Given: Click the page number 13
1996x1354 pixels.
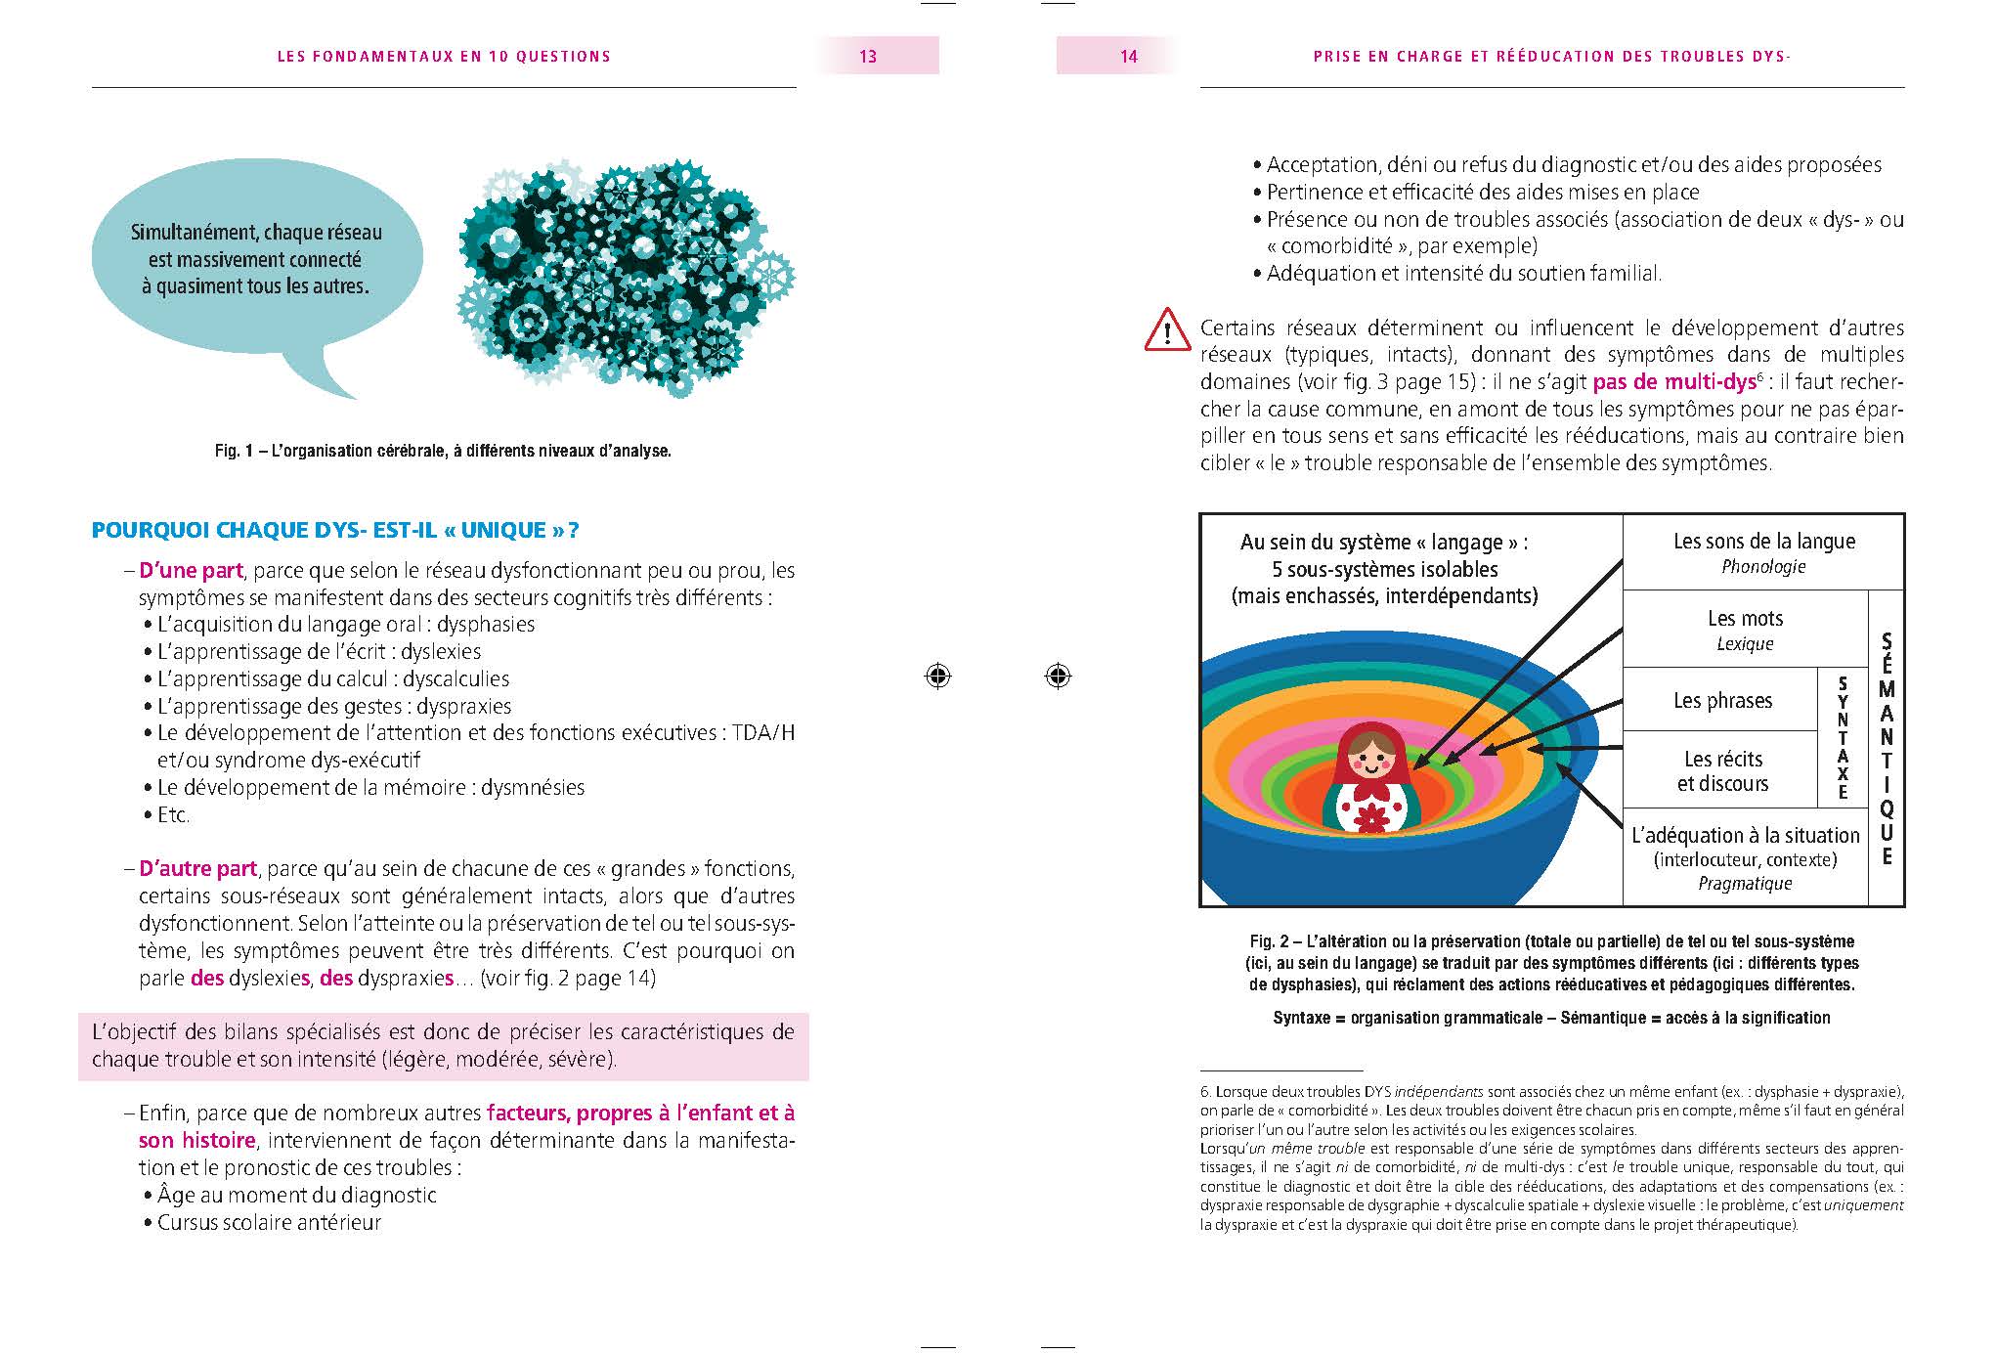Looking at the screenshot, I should pos(868,57).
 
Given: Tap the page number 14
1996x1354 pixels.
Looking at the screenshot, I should pos(1128,57).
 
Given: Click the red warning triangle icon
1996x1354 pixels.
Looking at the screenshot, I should pos(1166,330).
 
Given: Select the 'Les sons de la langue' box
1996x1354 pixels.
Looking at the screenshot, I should pos(1763,551).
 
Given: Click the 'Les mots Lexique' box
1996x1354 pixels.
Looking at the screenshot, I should pos(1745,630).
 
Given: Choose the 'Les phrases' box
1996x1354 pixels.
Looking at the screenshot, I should pos(1722,700).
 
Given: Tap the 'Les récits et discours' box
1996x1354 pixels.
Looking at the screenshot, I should pos(1722,770).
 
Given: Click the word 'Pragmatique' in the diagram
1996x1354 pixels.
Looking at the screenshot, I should pos(1745,884).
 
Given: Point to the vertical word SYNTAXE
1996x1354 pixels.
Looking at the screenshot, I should pos(1843,738).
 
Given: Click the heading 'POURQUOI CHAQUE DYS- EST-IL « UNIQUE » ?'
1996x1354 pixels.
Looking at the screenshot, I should pos(335,531).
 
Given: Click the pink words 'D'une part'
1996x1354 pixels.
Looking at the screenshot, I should pos(191,571).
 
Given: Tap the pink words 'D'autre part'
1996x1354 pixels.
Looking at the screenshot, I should pos(197,869).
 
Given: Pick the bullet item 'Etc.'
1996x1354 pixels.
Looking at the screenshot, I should pos(173,814).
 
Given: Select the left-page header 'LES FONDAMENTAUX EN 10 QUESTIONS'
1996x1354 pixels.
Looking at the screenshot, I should pos(444,57).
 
